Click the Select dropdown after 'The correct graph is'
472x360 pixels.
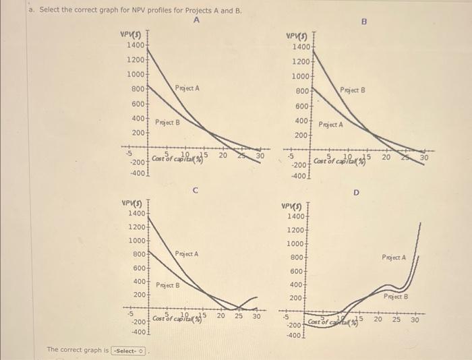[129, 351]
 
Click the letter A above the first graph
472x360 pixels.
[196, 21]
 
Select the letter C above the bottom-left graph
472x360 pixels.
[195, 191]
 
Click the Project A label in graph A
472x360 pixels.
[187, 88]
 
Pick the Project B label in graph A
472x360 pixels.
[167, 123]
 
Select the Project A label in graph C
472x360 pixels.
[187, 254]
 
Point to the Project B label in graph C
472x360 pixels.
[168, 285]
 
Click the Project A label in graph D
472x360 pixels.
[394, 257]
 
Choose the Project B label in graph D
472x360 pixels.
[396, 297]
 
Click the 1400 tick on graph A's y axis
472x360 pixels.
[136, 45]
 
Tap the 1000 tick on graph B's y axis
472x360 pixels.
[301, 77]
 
